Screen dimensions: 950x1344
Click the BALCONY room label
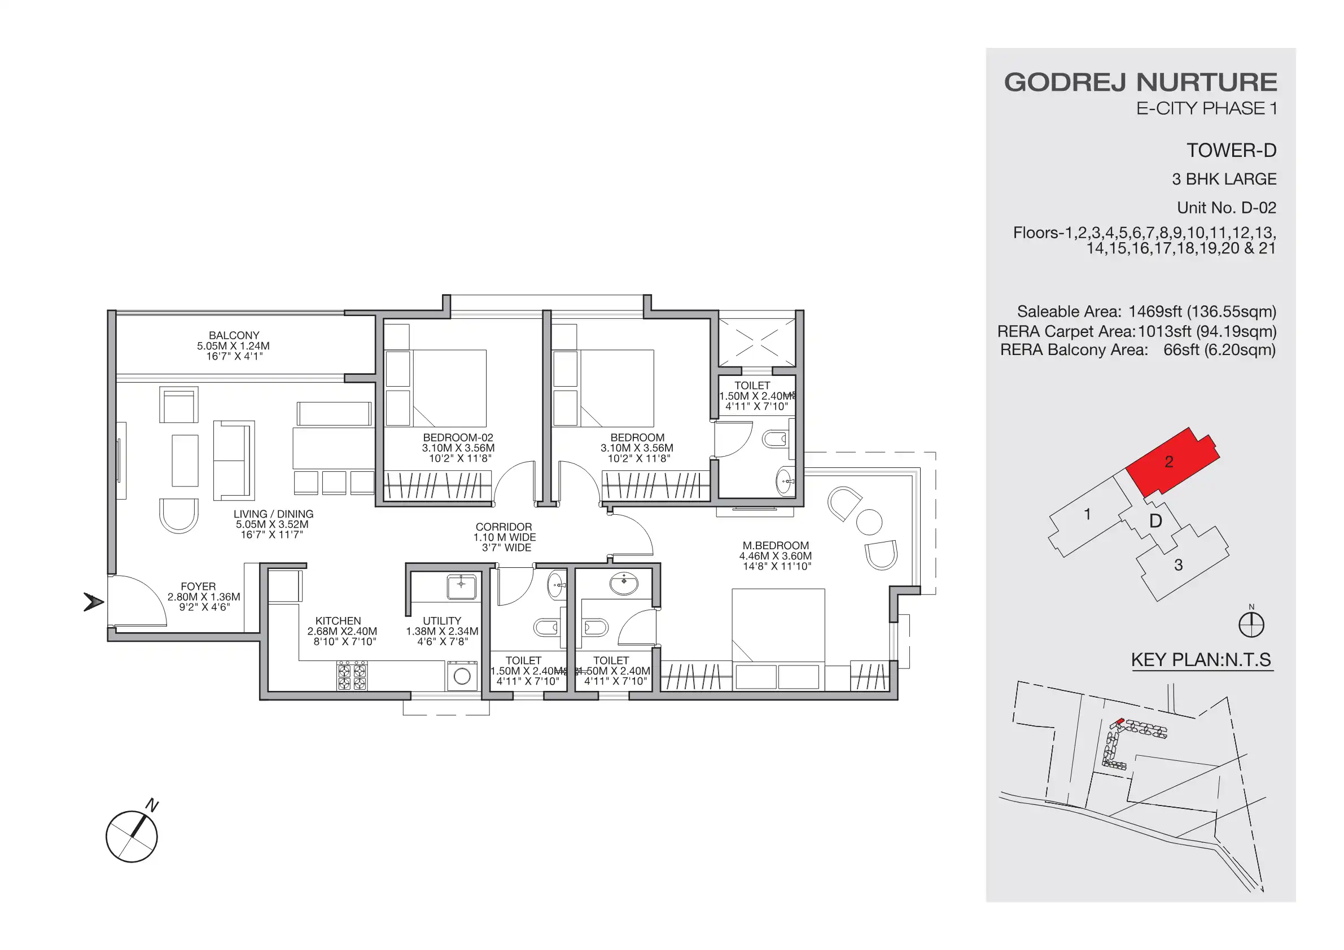[234, 335]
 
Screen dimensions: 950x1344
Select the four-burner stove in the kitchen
[352, 676]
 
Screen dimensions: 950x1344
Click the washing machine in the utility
[462, 676]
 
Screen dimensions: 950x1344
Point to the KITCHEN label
[338, 620]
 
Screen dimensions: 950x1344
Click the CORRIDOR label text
[504, 527]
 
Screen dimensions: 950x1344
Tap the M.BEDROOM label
[775, 545]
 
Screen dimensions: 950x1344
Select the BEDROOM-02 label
[458, 437]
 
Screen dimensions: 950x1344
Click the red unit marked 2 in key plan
[1171, 462]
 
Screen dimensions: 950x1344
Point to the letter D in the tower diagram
[1155, 520]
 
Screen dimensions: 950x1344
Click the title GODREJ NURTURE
[1140, 82]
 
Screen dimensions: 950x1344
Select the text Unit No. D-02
[1226, 208]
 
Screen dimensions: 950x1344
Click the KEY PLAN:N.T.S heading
[1201, 660]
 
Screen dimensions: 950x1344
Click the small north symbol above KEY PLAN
[1251, 624]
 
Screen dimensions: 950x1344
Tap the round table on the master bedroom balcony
[869, 522]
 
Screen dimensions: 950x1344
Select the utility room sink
[462, 586]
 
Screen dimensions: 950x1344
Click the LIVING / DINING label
[273, 514]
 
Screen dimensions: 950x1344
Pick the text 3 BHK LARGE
[1223, 179]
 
